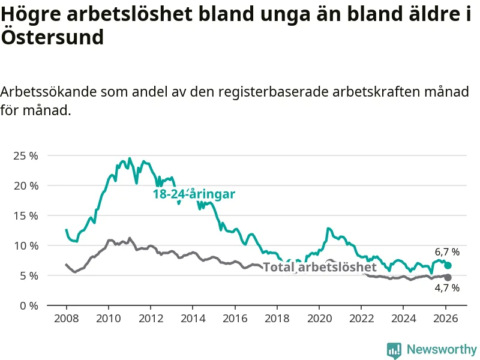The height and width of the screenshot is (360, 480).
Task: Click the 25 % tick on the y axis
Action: tap(25, 155)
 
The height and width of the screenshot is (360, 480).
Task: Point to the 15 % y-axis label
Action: tap(25, 215)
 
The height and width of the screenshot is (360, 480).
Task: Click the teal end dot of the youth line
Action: tap(448, 265)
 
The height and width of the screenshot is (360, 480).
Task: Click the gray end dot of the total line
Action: tap(448, 277)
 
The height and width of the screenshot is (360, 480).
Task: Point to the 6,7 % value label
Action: tap(447, 252)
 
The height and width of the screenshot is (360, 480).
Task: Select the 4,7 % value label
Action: tap(447, 289)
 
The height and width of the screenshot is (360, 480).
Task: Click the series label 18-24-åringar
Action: tap(194, 194)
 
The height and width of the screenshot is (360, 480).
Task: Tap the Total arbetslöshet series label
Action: tap(320, 268)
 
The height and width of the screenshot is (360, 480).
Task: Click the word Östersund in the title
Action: tap(52, 37)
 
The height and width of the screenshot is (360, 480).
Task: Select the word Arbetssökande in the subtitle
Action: tap(48, 92)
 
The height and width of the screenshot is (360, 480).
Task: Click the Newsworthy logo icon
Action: tap(394, 350)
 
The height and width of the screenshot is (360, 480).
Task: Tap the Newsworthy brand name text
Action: tap(442, 349)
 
